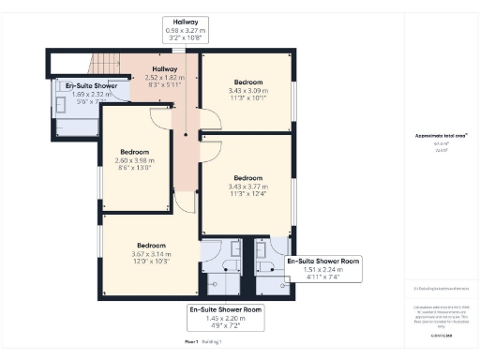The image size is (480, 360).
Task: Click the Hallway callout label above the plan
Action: pos(184,22)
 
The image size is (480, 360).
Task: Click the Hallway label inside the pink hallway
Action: pos(164,69)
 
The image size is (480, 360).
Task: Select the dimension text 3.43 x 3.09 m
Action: pos(247,90)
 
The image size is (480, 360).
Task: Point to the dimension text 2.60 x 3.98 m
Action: pos(135,159)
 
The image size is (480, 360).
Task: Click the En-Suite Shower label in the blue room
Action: pos(79,85)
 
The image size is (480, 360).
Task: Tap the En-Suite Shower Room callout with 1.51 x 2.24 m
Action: pos(323,269)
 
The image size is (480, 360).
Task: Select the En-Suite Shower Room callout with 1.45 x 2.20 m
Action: pos(225,316)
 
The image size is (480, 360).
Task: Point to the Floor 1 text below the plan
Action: pos(191,343)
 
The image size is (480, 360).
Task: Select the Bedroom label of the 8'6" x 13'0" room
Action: pos(135,151)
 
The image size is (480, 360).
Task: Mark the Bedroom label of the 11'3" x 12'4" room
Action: pos(247,177)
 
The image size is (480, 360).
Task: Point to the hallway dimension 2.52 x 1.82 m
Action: pos(164,78)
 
